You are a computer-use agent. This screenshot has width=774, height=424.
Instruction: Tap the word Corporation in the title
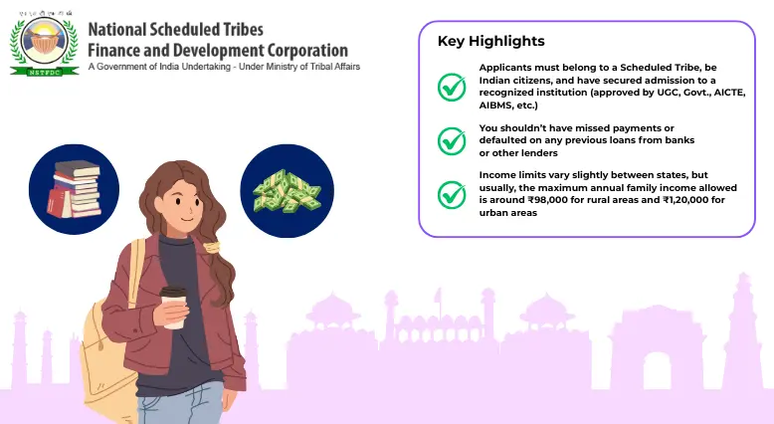297,50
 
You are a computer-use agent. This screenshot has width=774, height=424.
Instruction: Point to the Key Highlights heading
490,41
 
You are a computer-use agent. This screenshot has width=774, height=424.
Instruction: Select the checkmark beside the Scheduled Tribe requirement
452,87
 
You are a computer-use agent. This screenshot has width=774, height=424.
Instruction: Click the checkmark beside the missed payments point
452,140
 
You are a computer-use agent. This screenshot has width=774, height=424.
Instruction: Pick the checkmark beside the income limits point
452,193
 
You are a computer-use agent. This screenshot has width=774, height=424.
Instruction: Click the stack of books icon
74,189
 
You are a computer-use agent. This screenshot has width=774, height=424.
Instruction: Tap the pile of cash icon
287,190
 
